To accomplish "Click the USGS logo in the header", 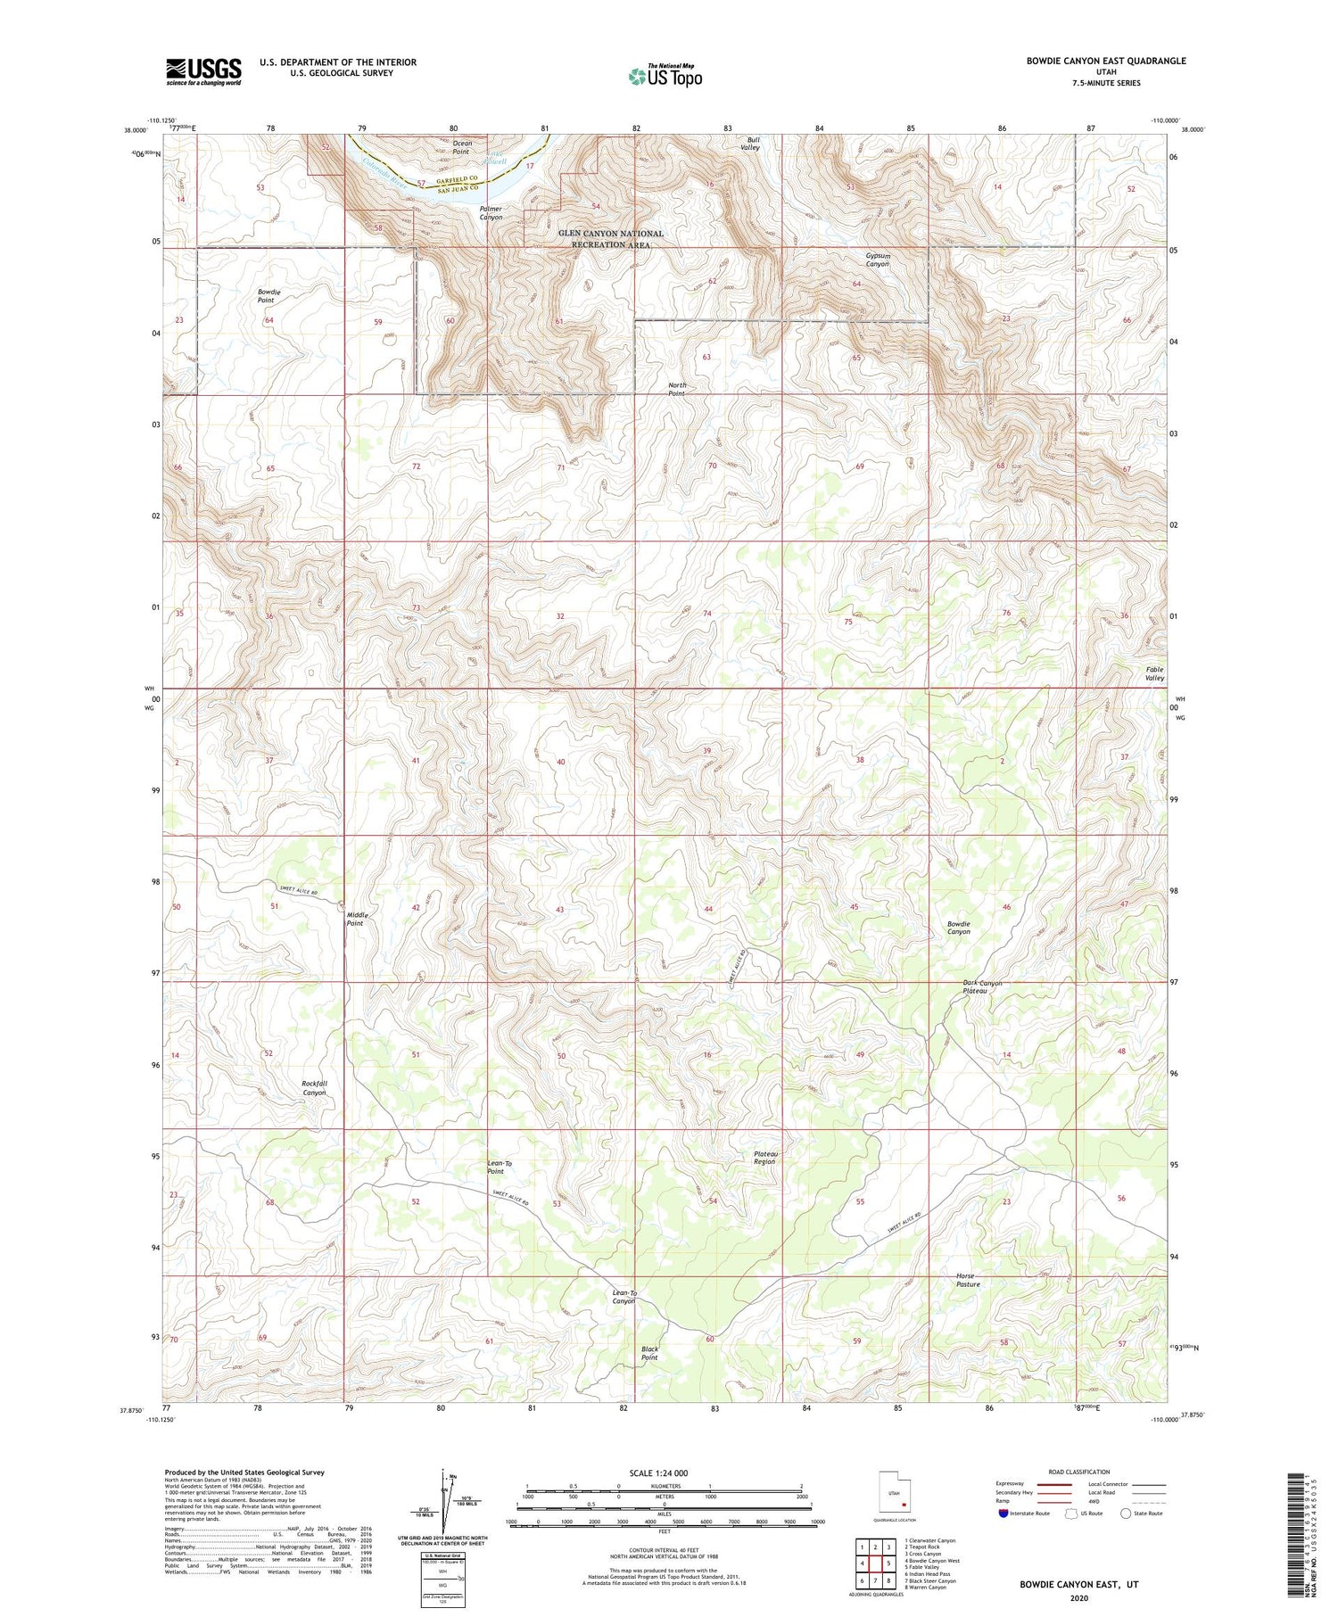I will tap(203, 71).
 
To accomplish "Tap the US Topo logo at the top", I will tap(665, 76).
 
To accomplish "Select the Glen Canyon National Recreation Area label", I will tap(611, 239).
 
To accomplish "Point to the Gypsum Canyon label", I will tap(878, 260).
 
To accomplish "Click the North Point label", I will tap(677, 389).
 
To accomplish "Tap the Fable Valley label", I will tap(1155, 673).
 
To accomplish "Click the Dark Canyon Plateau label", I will tap(982, 987).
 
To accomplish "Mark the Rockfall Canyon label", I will tap(315, 1087).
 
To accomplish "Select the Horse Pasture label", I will tap(968, 1280).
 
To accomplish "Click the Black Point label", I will tap(649, 1353).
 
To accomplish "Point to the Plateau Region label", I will tap(765, 1157).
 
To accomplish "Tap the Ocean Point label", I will tap(461, 147).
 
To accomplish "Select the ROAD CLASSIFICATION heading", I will tap(1079, 1472).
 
